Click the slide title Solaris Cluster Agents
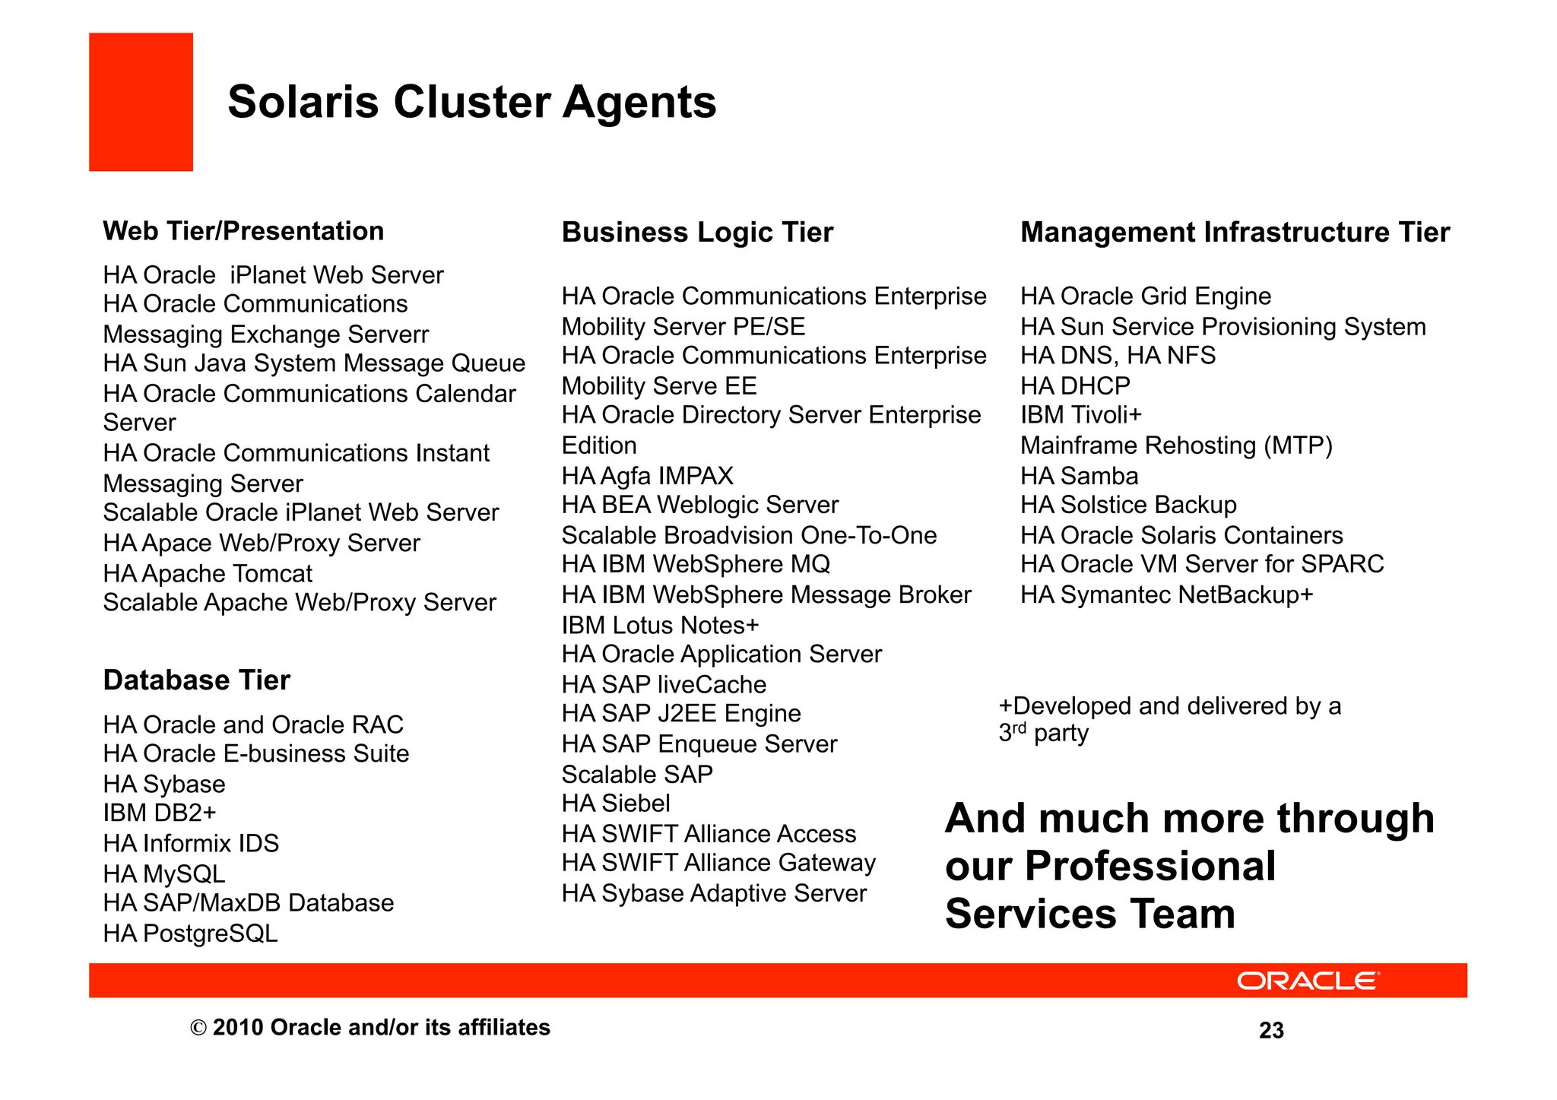pyautogui.click(x=471, y=102)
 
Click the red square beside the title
pyautogui.click(x=141, y=102)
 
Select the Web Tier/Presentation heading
pyautogui.click(x=243, y=231)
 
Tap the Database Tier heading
pyautogui.click(x=196, y=680)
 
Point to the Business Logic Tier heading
pyautogui.click(x=697, y=232)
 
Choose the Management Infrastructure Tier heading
pyautogui.click(x=1235, y=232)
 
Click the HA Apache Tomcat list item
pyautogui.click(x=208, y=573)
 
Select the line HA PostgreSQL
pyautogui.click(x=190, y=933)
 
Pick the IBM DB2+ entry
pyautogui.click(x=160, y=813)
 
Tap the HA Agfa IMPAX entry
pyautogui.click(x=647, y=476)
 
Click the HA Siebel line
pyautogui.click(x=616, y=804)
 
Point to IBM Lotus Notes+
pyautogui.click(x=660, y=625)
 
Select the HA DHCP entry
pyautogui.click(x=1075, y=386)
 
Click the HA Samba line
pyautogui.click(x=1079, y=476)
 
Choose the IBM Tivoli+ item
pyautogui.click(x=1080, y=415)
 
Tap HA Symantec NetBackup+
pyautogui.click(x=1166, y=594)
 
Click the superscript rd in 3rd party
pyautogui.click(x=1020, y=728)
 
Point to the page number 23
pyautogui.click(x=1271, y=1030)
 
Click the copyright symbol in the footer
pyautogui.click(x=198, y=1029)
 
